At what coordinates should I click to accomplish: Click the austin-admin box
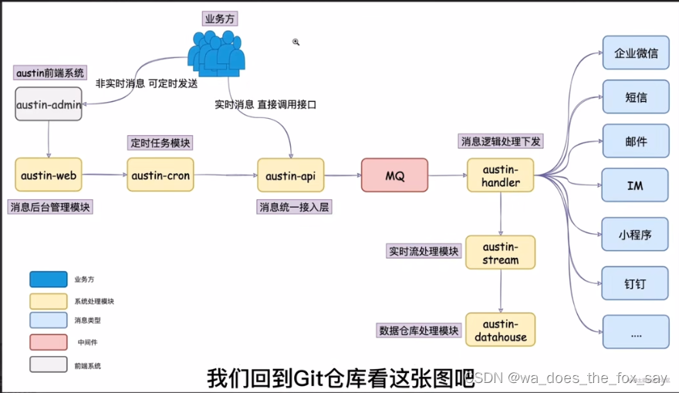[48, 104]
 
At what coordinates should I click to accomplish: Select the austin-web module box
[48, 175]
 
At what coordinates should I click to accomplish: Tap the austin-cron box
[160, 175]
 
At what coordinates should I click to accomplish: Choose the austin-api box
[290, 175]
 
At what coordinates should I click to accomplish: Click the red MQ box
[394, 175]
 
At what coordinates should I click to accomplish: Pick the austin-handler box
[501, 175]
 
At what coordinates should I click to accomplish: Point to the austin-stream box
[501, 252]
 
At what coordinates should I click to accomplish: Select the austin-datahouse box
[501, 330]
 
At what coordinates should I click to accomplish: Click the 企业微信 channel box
[636, 54]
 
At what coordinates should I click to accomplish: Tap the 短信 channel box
[636, 98]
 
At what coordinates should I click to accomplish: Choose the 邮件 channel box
[636, 142]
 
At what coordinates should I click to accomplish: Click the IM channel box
[636, 186]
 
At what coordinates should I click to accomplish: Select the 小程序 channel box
[636, 235]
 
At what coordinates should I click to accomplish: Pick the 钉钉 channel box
[636, 284]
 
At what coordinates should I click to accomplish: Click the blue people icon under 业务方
[217, 53]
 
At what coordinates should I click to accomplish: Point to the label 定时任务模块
[160, 143]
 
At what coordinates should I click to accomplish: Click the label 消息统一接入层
[295, 207]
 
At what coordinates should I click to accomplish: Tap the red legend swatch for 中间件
[48, 341]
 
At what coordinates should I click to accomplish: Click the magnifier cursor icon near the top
[296, 42]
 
